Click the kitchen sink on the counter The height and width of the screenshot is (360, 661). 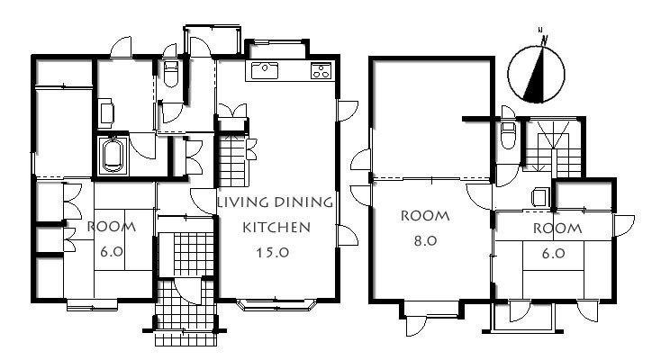pos(265,70)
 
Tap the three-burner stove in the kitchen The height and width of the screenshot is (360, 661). pos(321,70)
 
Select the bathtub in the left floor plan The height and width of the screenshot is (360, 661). pos(113,156)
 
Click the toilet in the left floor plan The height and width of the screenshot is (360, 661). pos(171,73)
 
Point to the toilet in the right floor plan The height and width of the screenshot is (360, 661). pos(509,134)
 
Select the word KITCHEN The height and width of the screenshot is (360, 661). pos(276,228)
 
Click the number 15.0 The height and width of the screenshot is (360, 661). pos(273,253)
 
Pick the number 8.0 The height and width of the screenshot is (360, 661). pos(425,240)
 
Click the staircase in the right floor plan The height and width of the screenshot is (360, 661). pos(553,148)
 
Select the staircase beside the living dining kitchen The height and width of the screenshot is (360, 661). pos(231,161)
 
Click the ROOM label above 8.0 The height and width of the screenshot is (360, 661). pos(425,216)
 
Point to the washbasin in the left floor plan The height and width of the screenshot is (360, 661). pos(106,113)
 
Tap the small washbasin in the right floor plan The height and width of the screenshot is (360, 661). pos(540,197)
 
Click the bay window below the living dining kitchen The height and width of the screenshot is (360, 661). pos(276,304)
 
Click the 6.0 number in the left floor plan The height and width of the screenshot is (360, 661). pos(112,252)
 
